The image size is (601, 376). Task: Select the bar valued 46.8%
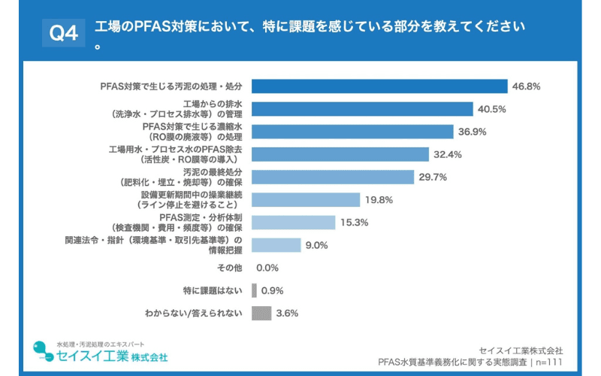click(379, 86)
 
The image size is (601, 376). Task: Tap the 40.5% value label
click(491, 109)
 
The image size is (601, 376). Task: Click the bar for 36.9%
click(353, 132)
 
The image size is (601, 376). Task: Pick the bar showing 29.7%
click(333, 177)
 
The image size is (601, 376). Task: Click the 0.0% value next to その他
click(267, 268)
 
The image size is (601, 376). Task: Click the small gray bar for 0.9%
click(254, 290)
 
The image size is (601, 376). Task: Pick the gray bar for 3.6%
click(261, 313)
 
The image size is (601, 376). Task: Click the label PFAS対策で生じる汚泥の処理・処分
click(171, 86)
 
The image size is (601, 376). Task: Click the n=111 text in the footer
click(547, 362)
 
